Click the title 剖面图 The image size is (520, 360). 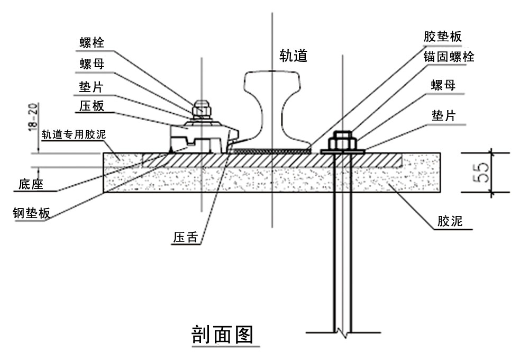tap(222, 334)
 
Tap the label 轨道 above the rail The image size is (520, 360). tap(294, 55)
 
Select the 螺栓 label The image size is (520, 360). tap(92, 42)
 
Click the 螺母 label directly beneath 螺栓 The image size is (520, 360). tap(92, 64)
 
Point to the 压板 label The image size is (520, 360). tap(92, 105)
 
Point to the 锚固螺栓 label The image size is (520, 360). tap(449, 57)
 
